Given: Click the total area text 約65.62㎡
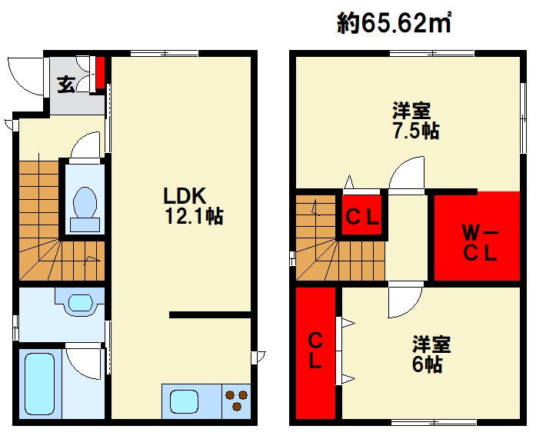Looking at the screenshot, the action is [x=395, y=23].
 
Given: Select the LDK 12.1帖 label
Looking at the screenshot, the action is [x=194, y=206].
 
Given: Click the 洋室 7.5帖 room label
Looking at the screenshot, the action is [x=416, y=121].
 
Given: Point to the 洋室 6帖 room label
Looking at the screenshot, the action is [x=431, y=354].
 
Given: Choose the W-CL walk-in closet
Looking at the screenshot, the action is [x=477, y=236].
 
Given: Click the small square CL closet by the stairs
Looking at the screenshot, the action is [x=362, y=215].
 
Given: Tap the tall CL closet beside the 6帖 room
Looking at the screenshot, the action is [x=315, y=353].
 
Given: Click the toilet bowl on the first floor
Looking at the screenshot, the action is [x=85, y=203].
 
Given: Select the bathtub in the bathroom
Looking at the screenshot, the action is [x=40, y=384].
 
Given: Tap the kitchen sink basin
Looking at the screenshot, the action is [x=185, y=402].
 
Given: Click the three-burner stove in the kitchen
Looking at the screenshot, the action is [x=236, y=401].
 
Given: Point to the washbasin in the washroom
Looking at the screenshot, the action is [x=80, y=303].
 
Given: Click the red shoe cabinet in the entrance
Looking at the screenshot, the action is [x=100, y=73].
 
